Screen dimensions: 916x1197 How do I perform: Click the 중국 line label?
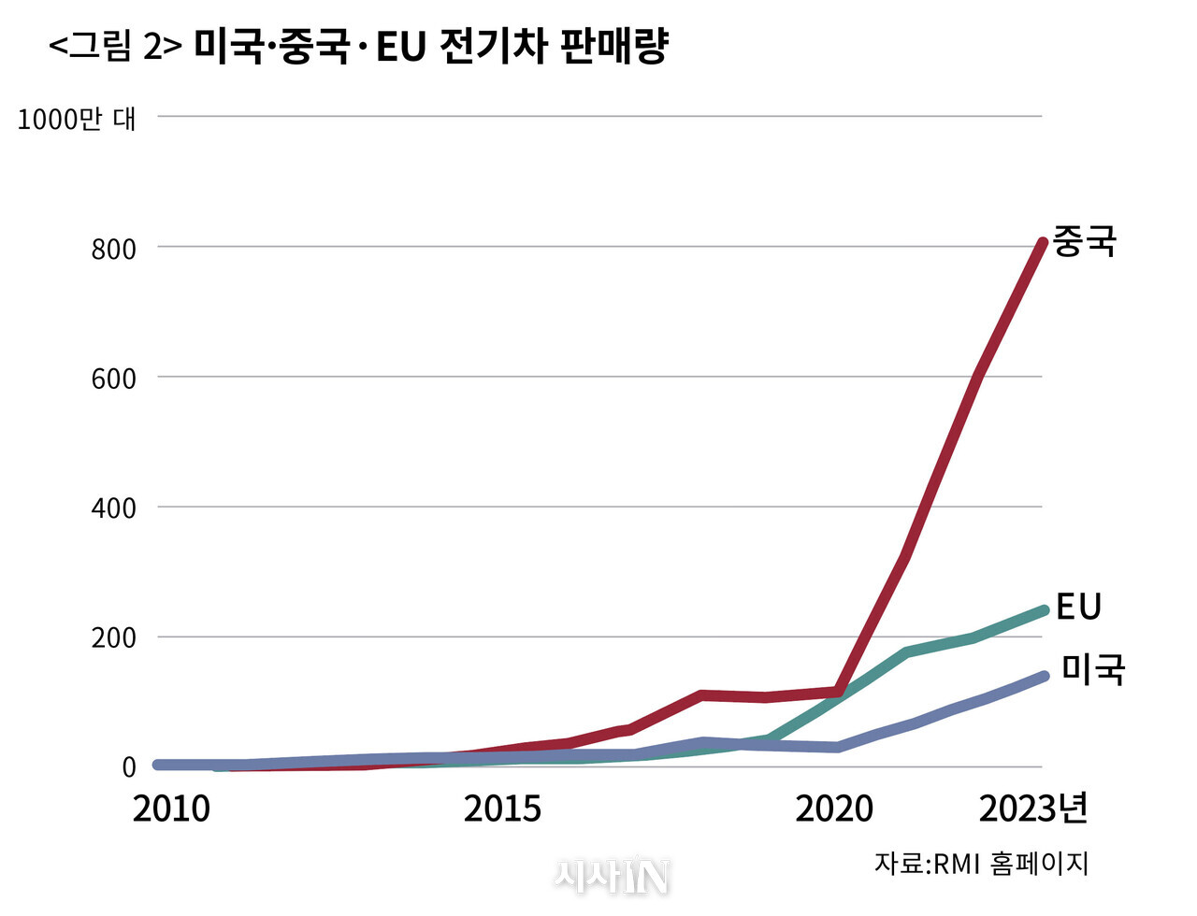pos(1085,241)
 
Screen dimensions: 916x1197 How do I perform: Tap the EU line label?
pos(1078,607)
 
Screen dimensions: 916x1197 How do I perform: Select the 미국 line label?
pos(1092,669)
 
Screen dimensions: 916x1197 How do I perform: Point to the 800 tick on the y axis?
pos(113,249)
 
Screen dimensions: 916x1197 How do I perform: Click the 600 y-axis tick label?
pos(113,379)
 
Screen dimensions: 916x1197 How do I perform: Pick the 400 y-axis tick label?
pos(113,508)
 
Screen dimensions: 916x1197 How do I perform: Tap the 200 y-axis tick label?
pos(113,638)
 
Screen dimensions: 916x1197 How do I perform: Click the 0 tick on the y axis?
pos(128,767)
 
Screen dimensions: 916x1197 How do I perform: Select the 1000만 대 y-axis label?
pos(77,119)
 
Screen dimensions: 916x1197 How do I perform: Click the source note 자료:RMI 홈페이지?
pos(981,863)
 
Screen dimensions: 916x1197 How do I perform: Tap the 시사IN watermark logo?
pos(613,876)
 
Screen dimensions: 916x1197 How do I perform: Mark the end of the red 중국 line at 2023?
pos(1042,243)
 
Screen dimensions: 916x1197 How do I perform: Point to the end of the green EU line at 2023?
pos(1043,610)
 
